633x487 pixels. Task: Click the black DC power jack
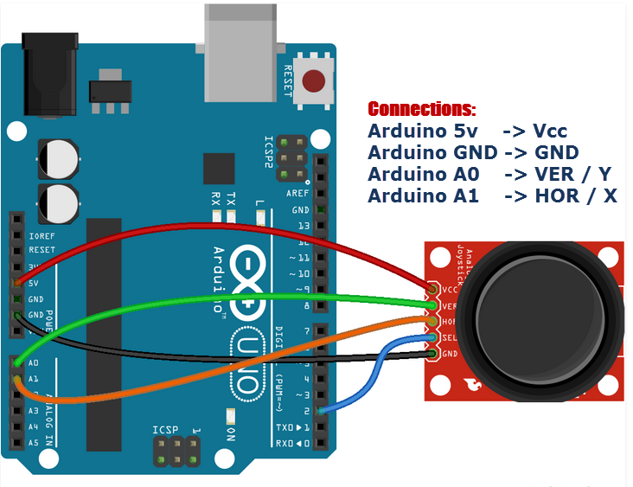click(x=52, y=73)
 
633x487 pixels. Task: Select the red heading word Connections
click(x=421, y=110)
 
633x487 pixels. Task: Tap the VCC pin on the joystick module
click(x=432, y=289)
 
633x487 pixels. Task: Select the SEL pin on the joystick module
click(x=432, y=338)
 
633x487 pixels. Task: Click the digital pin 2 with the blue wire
click(x=322, y=411)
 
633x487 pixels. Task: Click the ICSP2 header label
click(x=269, y=151)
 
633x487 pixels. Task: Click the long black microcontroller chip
click(x=104, y=332)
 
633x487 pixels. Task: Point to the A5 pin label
click(x=33, y=443)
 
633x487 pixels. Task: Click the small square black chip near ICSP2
click(x=219, y=170)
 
